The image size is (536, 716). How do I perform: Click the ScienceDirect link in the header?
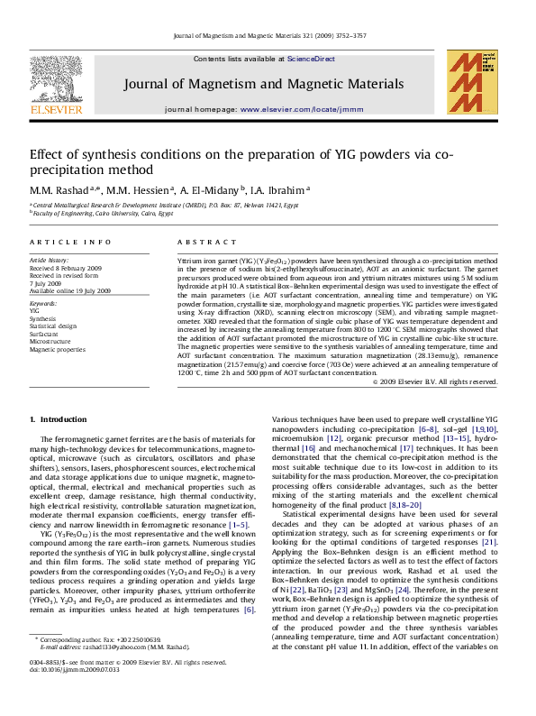pyautogui.click(x=311, y=59)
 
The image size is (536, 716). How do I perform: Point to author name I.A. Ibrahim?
pyautogui.click(x=280, y=190)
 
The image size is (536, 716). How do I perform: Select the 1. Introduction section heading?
pyautogui.click(x=59, y=419)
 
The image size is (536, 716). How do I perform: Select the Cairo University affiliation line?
pyautogui.click(x=101, y=213)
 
